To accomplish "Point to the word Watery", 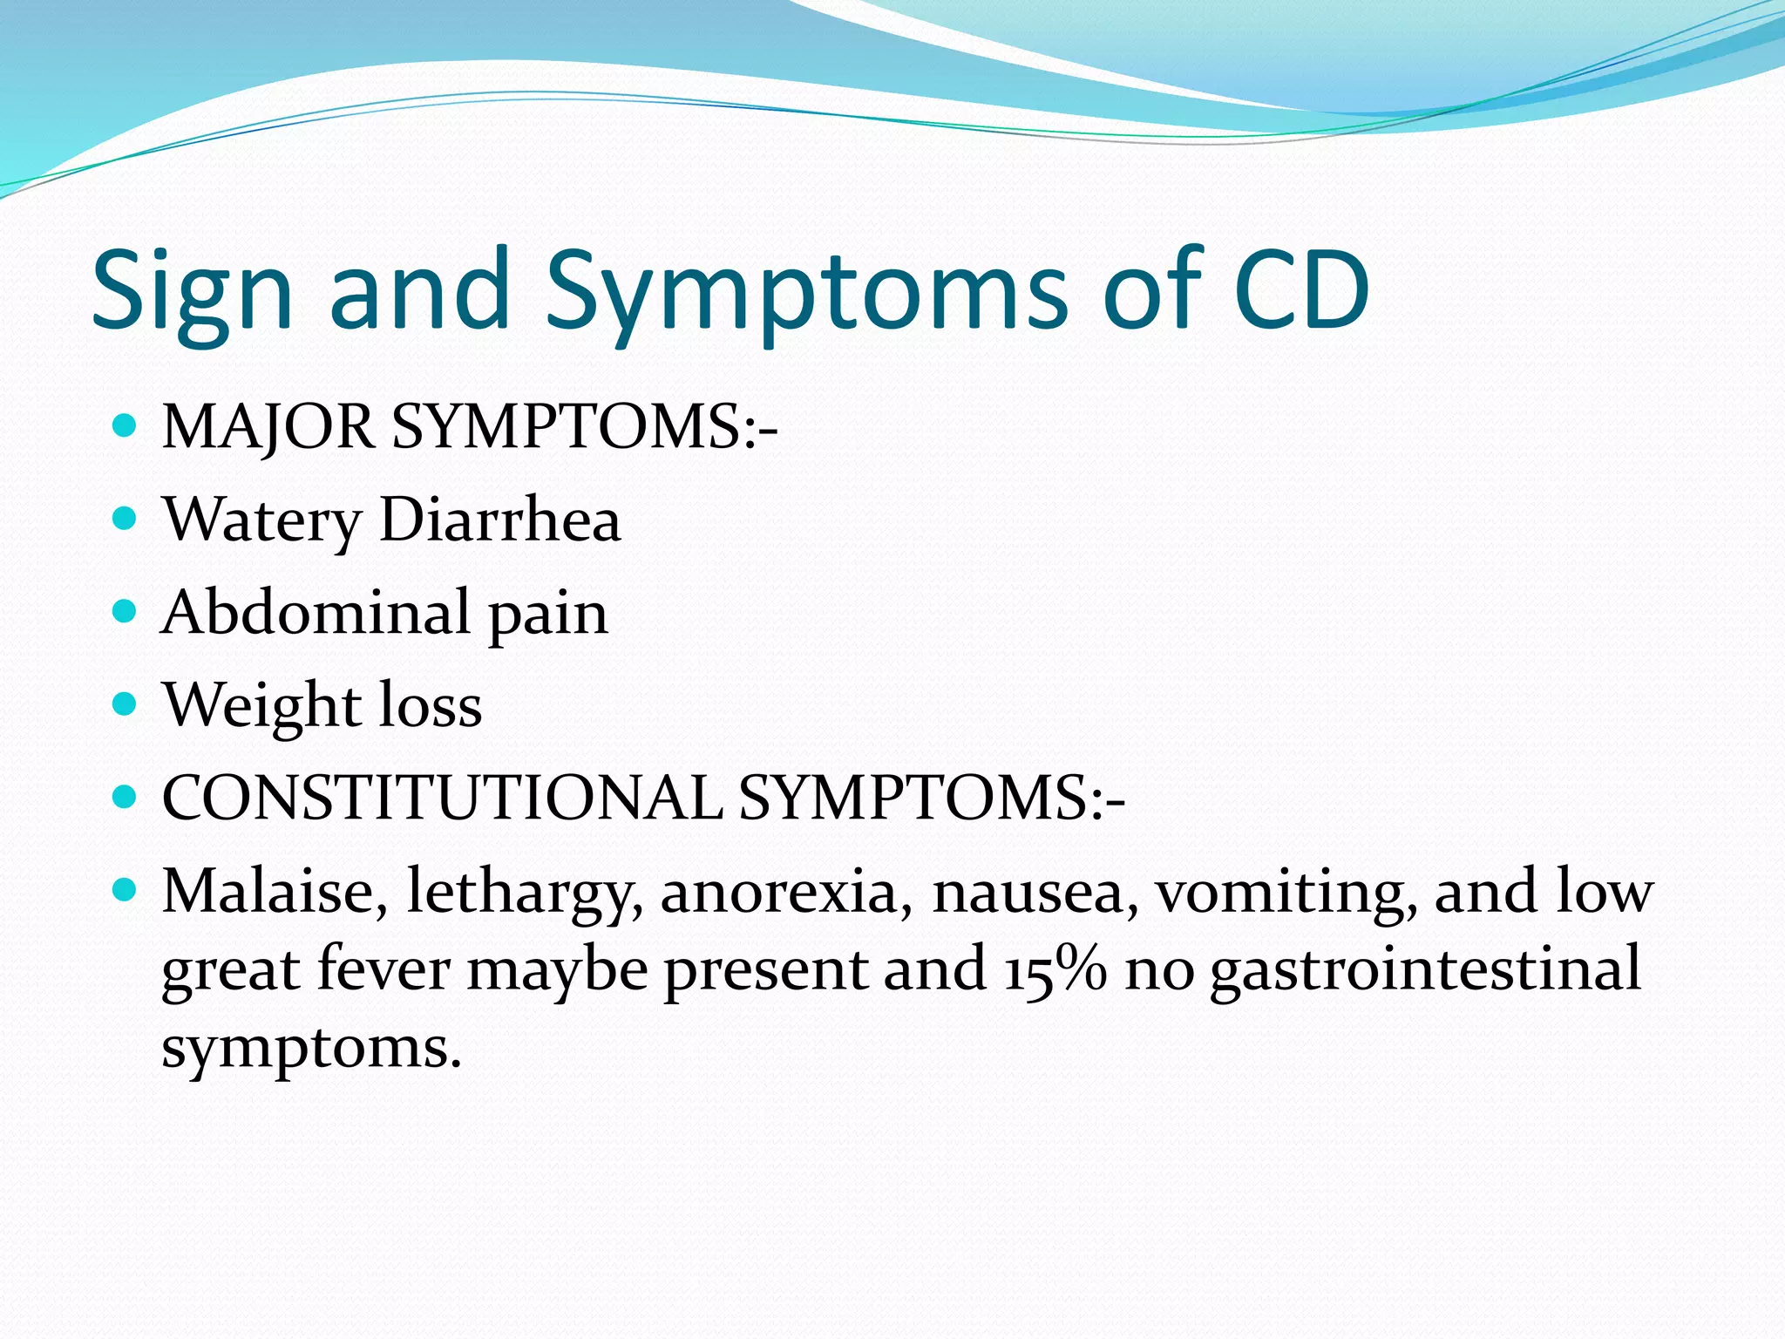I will tap(261, 521).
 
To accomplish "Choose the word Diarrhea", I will tap(500, 520).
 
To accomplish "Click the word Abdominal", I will tap(316, 612).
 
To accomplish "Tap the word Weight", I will tap(261, 706).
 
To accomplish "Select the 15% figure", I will tap(1055, 969).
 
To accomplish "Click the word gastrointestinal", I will tap(1425, 969).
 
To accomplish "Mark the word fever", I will tap(383, 969).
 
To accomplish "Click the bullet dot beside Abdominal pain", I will tap(126, 611).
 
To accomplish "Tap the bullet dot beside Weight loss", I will tap(126, 703).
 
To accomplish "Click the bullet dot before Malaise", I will tap(126, 890).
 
